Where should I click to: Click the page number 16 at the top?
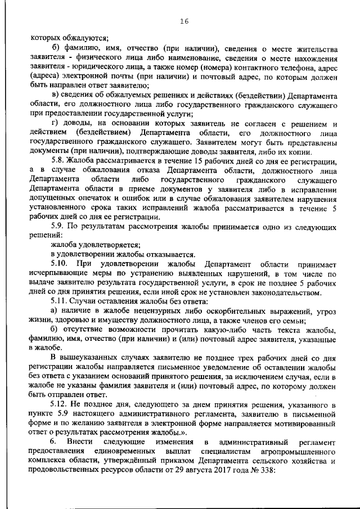point(183,22)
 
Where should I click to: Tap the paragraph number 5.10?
point(59,263)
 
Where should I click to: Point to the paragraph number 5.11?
point(59,301)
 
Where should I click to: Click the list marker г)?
point(55,123)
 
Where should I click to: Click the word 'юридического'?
point(84,66)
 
